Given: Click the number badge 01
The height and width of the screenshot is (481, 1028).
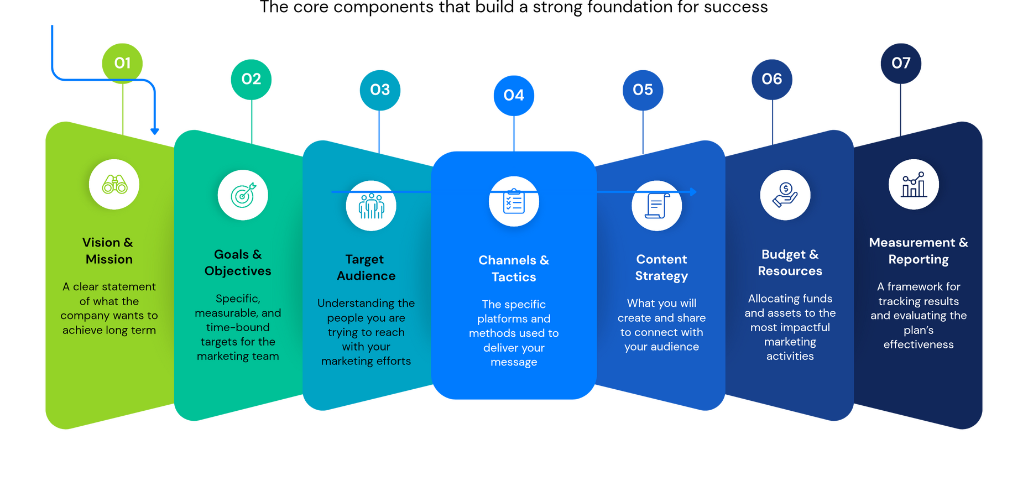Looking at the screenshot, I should (122, 63).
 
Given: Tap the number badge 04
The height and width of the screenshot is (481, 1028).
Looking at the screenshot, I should (514, 95).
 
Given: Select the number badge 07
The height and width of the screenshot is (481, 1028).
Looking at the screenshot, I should (901, 63).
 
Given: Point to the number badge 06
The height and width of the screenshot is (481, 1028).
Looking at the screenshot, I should (772, 79).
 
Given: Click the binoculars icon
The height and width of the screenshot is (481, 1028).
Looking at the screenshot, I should (114, 185).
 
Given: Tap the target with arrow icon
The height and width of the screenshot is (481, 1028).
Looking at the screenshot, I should (243, 195).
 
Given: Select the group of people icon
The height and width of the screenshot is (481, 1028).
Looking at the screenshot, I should (371, 206).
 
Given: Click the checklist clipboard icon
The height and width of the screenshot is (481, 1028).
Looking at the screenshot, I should (514, 201).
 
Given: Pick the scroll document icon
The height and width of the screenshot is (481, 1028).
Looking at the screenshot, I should (657, 206).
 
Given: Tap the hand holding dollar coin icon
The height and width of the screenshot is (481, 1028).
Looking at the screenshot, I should (785, 195).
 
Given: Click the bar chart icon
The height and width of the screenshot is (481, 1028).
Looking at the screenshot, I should (914, 185).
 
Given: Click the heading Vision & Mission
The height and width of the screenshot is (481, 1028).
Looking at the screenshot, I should (108, 250).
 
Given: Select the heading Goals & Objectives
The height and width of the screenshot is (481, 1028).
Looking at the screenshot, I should (238, 263).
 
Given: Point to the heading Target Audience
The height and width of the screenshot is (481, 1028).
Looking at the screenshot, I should (366, 268).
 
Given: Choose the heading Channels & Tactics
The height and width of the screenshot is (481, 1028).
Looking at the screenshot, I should (514, 268).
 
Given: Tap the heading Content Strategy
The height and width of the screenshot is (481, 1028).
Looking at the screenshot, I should (661, 268).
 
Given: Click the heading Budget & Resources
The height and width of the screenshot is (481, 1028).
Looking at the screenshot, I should (790, 263).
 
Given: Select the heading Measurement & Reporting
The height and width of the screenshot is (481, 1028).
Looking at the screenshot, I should (919, 250).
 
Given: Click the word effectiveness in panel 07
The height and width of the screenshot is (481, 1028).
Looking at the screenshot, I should (919, 344).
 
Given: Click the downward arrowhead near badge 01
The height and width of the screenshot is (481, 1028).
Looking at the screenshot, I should (155, 131).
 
